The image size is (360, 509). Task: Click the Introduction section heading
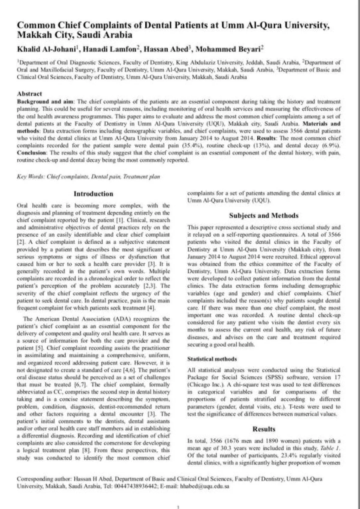(93, 194)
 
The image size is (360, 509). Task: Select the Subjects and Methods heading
(264, 216)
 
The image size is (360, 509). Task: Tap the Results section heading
(264, 429)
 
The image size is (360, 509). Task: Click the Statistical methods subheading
(212, 359)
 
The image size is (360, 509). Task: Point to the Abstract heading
(29, 94)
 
